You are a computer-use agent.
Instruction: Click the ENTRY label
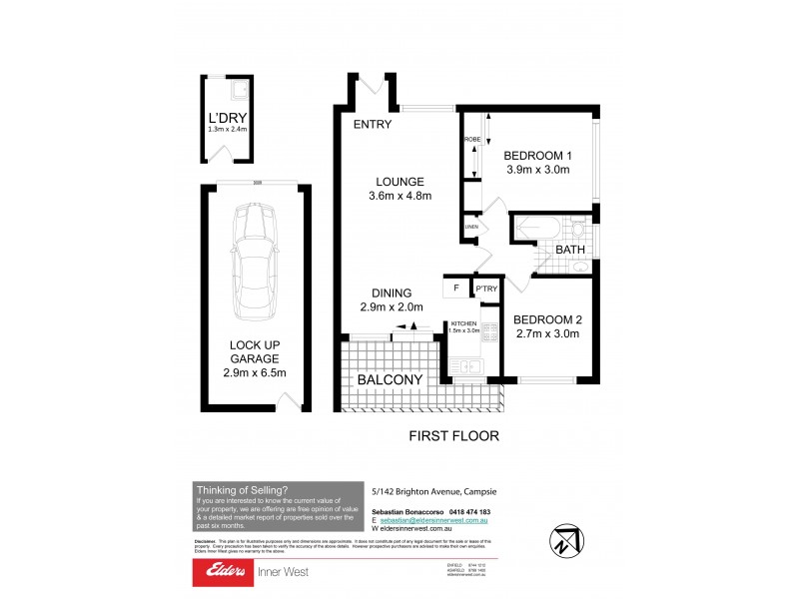pyautogui.click(x=372, y=125)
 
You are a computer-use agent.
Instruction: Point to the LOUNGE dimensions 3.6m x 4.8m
pyautogui.click(x=399, y=197)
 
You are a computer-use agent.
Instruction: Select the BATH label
pyautogui.click(x=570, y=250)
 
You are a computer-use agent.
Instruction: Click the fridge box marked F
pyautogui.click(x=455, y=289)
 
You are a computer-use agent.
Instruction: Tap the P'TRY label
pyautogui.click(x=486, y=290)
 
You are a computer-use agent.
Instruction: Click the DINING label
pyautogui.click(x=393, y=293)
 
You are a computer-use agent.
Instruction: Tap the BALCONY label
pyautogui.click(x=391, y=379)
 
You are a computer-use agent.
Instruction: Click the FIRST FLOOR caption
pyautogui.click(x=454, y=436)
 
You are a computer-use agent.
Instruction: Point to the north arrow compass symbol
pyautogui.click(x=565, y=539)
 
